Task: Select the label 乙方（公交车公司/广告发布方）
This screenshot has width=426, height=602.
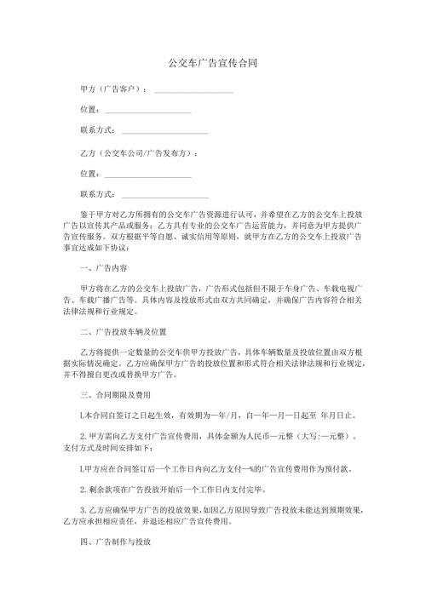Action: [x=137, y=153]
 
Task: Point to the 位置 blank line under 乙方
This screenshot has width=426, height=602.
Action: [x=147, y=175]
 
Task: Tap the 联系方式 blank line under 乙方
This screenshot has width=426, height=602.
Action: [x=165, y=196]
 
